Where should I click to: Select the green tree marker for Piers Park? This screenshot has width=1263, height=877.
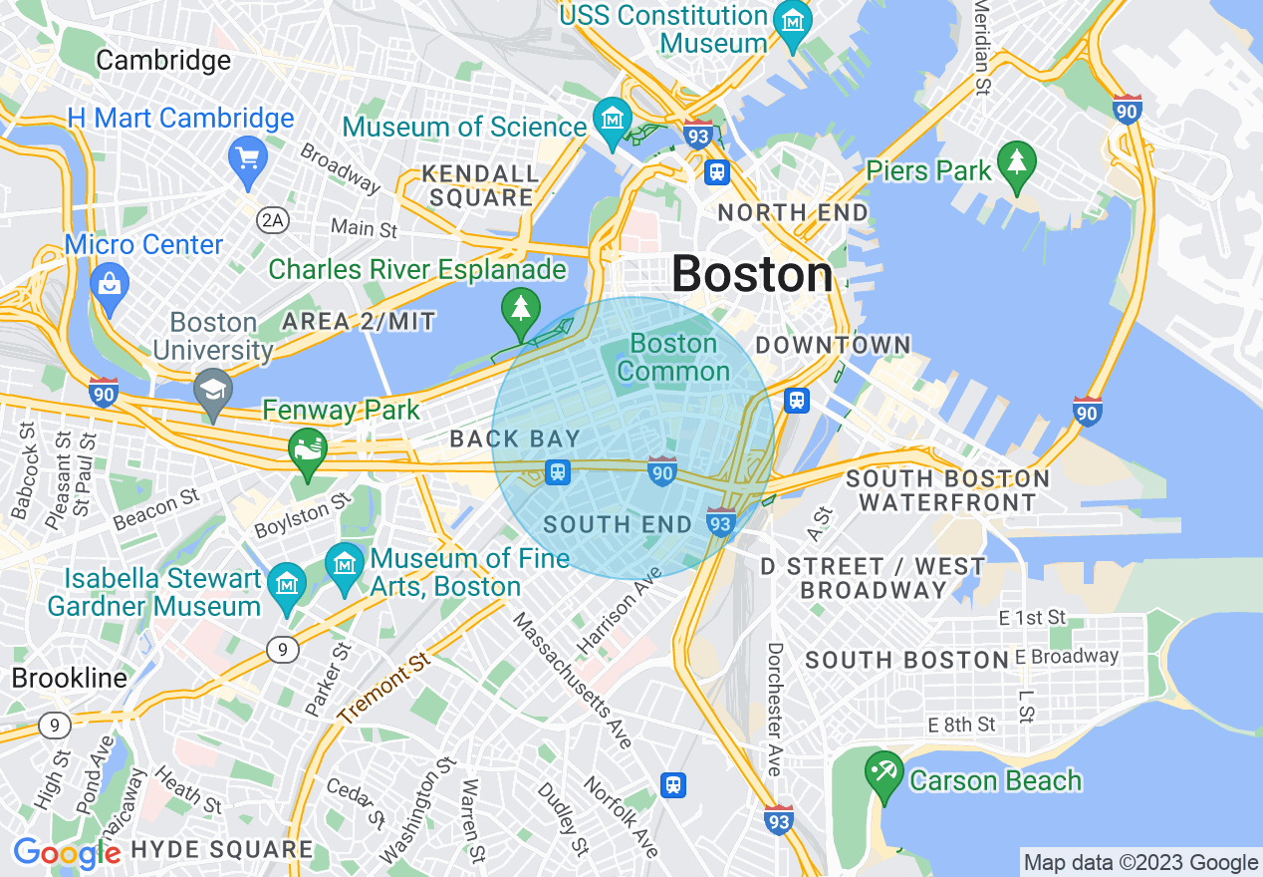[x=1016, y=164]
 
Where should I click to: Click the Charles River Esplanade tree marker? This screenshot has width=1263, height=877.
[x=520, y=309]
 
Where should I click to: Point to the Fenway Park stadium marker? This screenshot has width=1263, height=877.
[x=308, y=450]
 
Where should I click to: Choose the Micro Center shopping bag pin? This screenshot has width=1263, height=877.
[x=110, y=283]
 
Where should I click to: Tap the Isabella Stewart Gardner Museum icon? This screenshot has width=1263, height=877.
[x=288, y=578]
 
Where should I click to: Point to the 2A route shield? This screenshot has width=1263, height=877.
[x=272, y=219]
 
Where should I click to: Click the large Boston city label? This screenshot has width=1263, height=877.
[x=752, y=274]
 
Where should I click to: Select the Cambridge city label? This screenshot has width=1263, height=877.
[x=163, y=61]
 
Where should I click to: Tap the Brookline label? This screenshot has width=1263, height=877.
[x=70, y=679]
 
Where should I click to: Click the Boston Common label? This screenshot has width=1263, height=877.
[x=674, y=357]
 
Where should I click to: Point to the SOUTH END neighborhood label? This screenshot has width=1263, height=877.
[x=618, y=525]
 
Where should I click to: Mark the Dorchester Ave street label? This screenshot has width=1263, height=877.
[x=774, y=709]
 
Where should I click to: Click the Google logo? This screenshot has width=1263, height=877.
[x=67, y=853]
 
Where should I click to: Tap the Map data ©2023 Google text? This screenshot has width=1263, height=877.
[x=1141, y=862]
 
